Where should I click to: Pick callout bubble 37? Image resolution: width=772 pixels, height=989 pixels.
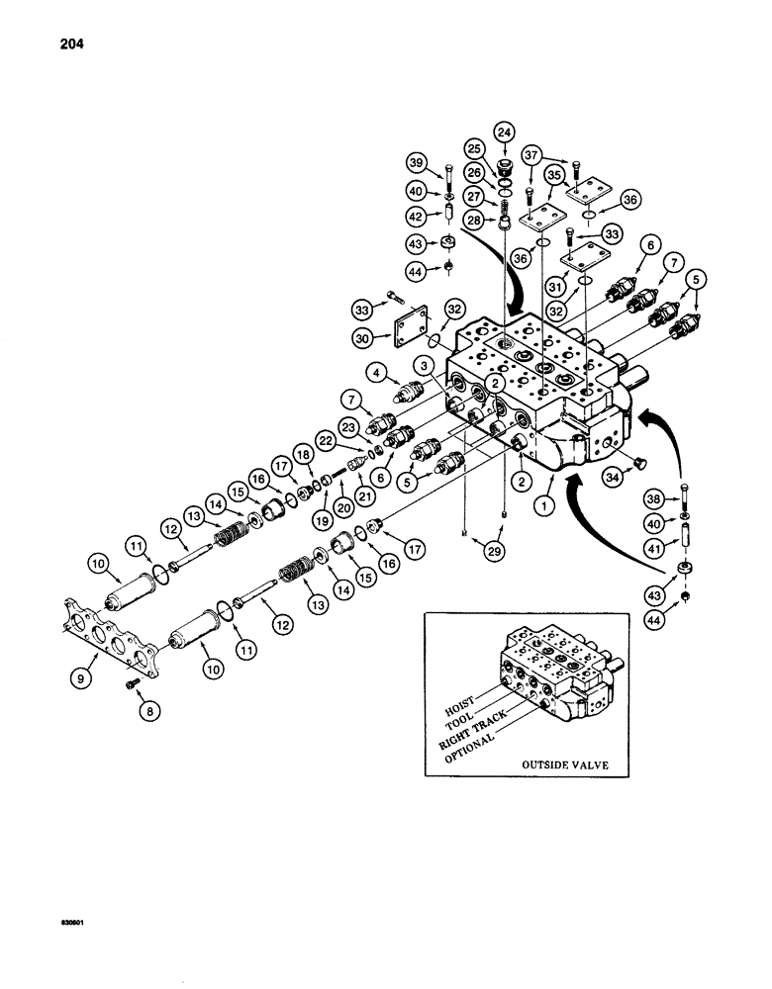pos(560,155)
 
